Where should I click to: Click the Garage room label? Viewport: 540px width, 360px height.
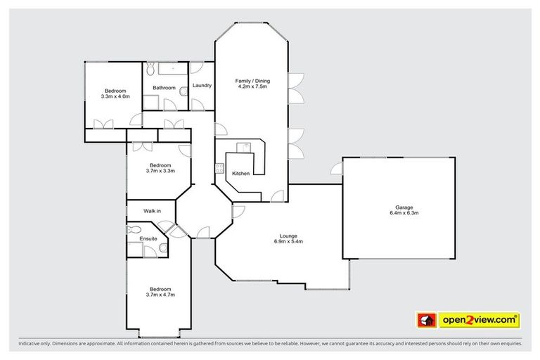pyautogui.click(x=404, y=207)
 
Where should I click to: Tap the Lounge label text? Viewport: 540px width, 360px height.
pyautogui.click(x=287, y=236)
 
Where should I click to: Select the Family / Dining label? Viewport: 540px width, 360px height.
pyautogui.click(x=252, y=81)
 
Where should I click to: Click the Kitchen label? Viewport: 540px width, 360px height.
pyautogui.click(x=241, y=173)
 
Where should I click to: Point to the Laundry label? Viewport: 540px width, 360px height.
pyautogui.click(x=202, y=86)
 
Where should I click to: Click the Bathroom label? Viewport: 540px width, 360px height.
pyautogui.click(x=165, y=88)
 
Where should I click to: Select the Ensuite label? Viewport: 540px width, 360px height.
pyautogui.click(x=148, y=238)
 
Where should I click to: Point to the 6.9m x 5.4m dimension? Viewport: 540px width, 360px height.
pyautogui.click(x=287, y=241)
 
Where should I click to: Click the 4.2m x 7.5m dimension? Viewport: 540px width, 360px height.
pyautogui.click(x=252, y=86)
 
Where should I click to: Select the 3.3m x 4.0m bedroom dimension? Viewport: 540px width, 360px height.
pyautogui.click(x=115, y=96)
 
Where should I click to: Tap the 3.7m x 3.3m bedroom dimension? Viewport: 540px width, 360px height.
pyautogui.click(x=160, y=171)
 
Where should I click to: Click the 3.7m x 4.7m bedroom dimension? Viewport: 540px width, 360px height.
pyautogui.click(x=160, y=295)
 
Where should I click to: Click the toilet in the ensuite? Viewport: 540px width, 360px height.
pyautogui.click(x=133, y=229)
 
